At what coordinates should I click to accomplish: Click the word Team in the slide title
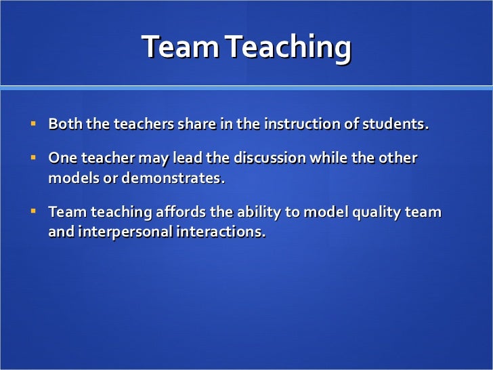(x=180, y=47)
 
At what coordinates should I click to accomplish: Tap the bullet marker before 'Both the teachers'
(x=33, y=125)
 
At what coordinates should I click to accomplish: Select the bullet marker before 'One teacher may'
(x=33, y=158)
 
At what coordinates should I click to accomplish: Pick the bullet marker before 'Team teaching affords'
(x=33, y=211)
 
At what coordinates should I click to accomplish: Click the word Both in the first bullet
(x=64, y=125)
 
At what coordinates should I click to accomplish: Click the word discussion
(x=270, y=159)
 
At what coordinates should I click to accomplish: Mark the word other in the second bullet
(x=400, y=159)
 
